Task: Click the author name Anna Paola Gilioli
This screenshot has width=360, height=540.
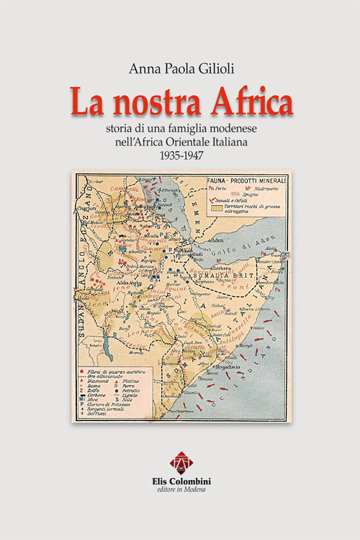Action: (x=180, y=68)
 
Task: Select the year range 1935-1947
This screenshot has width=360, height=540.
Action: (x=180, y=155)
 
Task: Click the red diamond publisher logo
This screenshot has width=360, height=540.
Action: (x=180, y=461)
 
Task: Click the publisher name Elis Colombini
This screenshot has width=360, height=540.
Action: (x=180, y=480)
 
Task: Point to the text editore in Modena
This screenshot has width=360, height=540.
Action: (x=180, y=490)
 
